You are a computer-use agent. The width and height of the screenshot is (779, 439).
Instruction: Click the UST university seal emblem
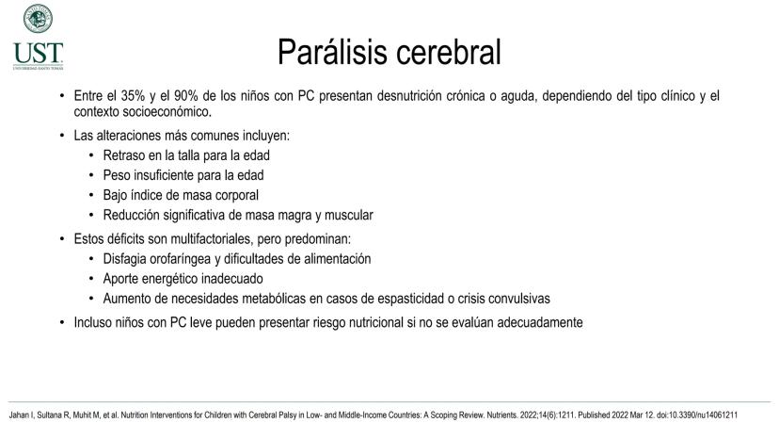tap(38, 19)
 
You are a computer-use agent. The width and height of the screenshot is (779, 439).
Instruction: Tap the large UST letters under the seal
tap(39, 54)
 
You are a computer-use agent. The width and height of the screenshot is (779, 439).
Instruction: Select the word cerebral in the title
tap(449, 52)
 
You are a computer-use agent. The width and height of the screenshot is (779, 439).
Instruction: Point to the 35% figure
tap(133, 95)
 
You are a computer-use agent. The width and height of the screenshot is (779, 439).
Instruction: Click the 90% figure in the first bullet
tap(186, 95)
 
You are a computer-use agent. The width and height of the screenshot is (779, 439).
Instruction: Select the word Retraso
tap(123, 155)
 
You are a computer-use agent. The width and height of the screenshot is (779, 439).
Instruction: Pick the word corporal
tap(236, 195)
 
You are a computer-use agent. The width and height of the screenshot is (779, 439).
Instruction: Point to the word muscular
tap(349, 215)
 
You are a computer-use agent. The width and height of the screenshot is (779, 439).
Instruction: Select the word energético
tap(167, 279)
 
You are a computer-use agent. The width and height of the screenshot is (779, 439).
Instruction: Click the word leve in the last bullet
tap(198, 322)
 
